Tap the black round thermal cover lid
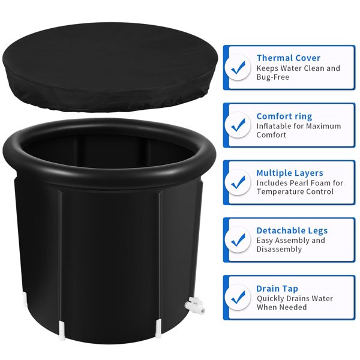tap(110, 67)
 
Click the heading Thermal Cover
tap(289, 58)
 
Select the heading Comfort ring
tap(284, 116)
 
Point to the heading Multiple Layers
tap(290, 173)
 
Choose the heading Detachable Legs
tap(292, 230)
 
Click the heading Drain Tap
tap(277, 289)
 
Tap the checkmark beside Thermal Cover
tap(238, 67)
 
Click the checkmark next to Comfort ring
tap(238, 125)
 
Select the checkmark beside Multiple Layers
tap(238, 182)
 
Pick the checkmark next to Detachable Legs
tap(238, 239)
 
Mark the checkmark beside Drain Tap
tap(238, 298)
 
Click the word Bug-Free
tap(273, 77)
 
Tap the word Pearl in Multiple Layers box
tap(299, 183)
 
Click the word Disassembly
tap(279, 250)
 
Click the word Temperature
tap(276, 192)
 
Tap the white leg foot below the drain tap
tap(158, 329)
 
